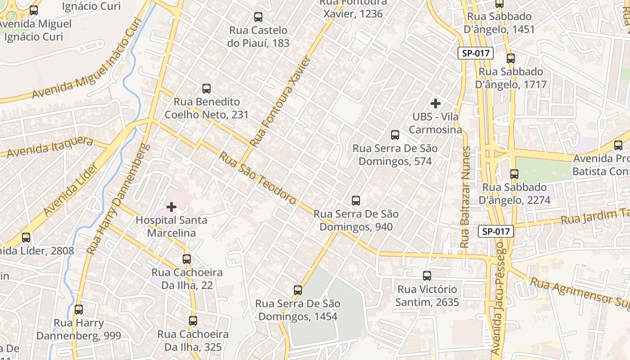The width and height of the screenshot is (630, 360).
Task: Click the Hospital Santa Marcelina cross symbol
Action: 171,207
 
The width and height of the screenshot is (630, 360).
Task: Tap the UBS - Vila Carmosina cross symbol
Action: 435,103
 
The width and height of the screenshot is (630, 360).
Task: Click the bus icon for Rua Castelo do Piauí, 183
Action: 258,17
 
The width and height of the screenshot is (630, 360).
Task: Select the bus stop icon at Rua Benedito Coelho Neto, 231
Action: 207,89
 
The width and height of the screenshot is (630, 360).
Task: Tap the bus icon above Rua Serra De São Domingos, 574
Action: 395,135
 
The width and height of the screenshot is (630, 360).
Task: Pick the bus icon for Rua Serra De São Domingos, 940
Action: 355,201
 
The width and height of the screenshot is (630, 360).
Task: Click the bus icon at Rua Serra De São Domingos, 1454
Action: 297,290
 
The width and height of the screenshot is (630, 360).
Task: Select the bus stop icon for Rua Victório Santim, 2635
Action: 427,276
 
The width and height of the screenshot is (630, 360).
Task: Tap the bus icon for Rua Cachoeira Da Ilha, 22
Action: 186,259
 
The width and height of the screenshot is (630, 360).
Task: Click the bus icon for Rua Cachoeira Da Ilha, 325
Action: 193,321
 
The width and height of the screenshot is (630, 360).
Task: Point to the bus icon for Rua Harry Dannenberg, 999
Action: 79,310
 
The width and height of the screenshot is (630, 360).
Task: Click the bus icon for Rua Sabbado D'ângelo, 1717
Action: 510,58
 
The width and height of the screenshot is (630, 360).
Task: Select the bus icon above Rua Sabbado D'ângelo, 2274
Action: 514,174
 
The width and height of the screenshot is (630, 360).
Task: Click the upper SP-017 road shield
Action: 476,53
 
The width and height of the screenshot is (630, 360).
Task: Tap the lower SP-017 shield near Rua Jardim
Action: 495,231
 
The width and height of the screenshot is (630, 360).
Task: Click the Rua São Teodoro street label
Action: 258,178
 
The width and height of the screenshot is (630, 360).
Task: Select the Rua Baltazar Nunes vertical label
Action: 465,197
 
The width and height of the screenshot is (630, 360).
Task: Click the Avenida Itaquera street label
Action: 49,147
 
